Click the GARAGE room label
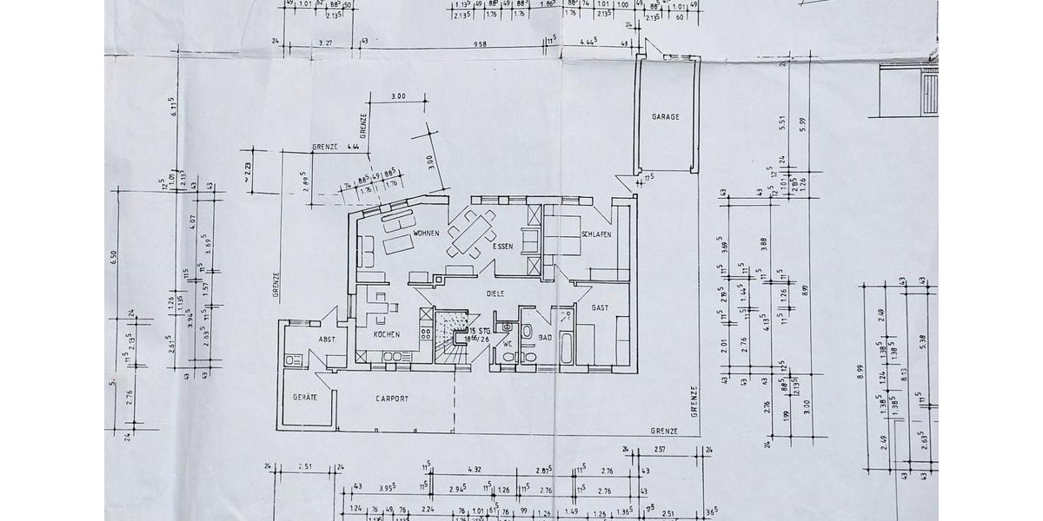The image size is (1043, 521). (x=665, y=116)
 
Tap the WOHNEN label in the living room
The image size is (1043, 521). (x=425, y=234)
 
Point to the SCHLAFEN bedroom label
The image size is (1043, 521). (x=596, y=235)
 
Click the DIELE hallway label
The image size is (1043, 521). (x=495, y=294)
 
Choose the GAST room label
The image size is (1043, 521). (x=600, y=308)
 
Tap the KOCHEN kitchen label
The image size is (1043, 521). (x=386, y=334)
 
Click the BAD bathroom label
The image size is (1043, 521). (x=546, y=337)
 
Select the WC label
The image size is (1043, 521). (x=507, y=344)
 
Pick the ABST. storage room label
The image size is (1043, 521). (x=328, y=340)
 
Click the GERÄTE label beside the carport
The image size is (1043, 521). (x=304, y=397)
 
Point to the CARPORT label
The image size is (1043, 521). (x=392, y=399)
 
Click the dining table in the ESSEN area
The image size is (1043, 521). (x=470, y=234)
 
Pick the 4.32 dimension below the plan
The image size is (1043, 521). (x=475, y=470)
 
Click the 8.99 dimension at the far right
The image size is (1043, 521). (x=860, y=375)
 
